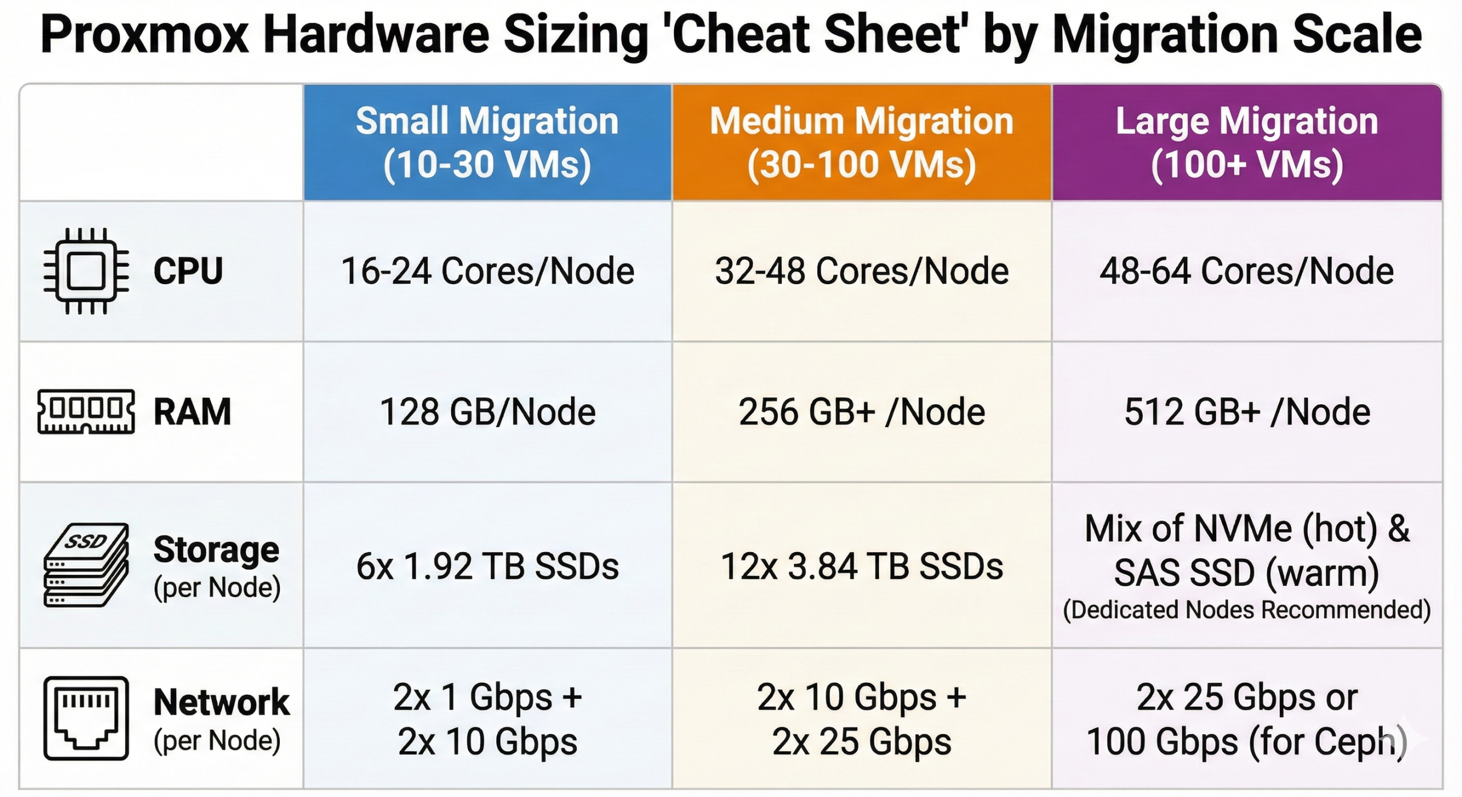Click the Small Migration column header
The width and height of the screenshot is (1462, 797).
click(x=487, y=143)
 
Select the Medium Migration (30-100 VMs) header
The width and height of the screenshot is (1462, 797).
click(x=861, y=143)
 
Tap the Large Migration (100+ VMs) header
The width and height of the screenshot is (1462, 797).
click(x=1247, y=143)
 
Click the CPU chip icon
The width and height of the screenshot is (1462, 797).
click(x=86, y=271)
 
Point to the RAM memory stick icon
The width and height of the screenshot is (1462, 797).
click(x=86, y=412)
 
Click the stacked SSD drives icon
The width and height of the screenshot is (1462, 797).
click(x=86, y=565)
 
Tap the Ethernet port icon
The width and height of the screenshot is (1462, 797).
click(x=86, y=718)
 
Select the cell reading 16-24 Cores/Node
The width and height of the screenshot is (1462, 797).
click(x=487, y=271)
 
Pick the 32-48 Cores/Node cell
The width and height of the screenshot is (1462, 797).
click(x=861, y=271)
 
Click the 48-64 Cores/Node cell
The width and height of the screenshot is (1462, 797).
click(x=1247, y=271)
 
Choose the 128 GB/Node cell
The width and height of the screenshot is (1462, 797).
click(x=487, y=412)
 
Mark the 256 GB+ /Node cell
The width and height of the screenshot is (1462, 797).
click(x=861, y=412)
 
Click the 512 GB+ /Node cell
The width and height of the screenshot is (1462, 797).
click(x=1247, y=412)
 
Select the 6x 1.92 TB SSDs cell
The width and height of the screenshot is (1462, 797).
click(x=487, y=566)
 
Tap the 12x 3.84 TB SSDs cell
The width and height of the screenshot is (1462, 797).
click(x=861, y=566)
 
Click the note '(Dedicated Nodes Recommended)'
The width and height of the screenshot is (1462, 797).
click(x=1247, y=610)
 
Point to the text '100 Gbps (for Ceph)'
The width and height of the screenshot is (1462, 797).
click(x=1247, y=742)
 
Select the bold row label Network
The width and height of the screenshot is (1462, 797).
click(x=221, y=702)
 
